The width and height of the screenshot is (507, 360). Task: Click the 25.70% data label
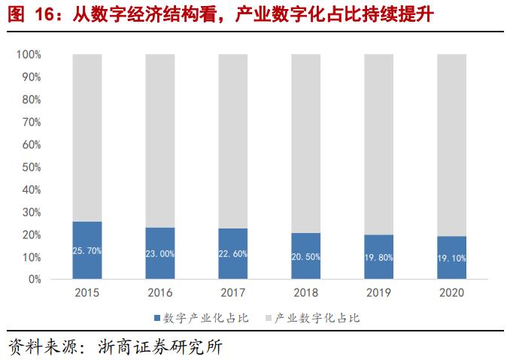[x=87, y=251]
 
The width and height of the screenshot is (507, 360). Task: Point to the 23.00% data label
[x=160, y=254]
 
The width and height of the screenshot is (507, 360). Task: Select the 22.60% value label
[x=233, y=254]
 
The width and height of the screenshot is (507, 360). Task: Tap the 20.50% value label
[x=306, y=256]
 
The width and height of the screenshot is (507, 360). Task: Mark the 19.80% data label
[x=379, y=257]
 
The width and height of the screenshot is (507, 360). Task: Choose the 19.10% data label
[x=452, y=258]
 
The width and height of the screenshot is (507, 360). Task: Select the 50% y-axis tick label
[x=32, y=167]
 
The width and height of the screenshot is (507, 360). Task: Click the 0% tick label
[x=35, y=280]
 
